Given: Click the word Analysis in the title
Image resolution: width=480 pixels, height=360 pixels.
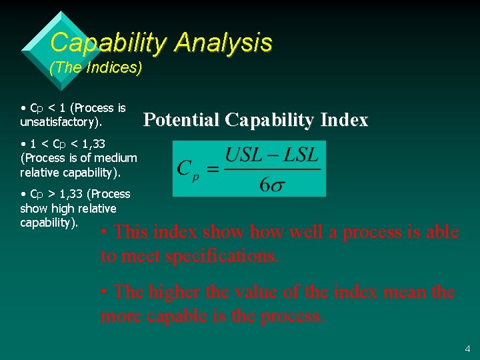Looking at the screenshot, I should (x=223, y=43).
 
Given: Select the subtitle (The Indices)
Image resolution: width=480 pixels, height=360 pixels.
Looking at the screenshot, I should (x=96, y=69).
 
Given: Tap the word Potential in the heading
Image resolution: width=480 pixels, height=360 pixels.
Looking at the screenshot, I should (x=182, y=120).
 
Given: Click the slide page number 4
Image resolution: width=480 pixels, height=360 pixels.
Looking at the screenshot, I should (x=467, y=349).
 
